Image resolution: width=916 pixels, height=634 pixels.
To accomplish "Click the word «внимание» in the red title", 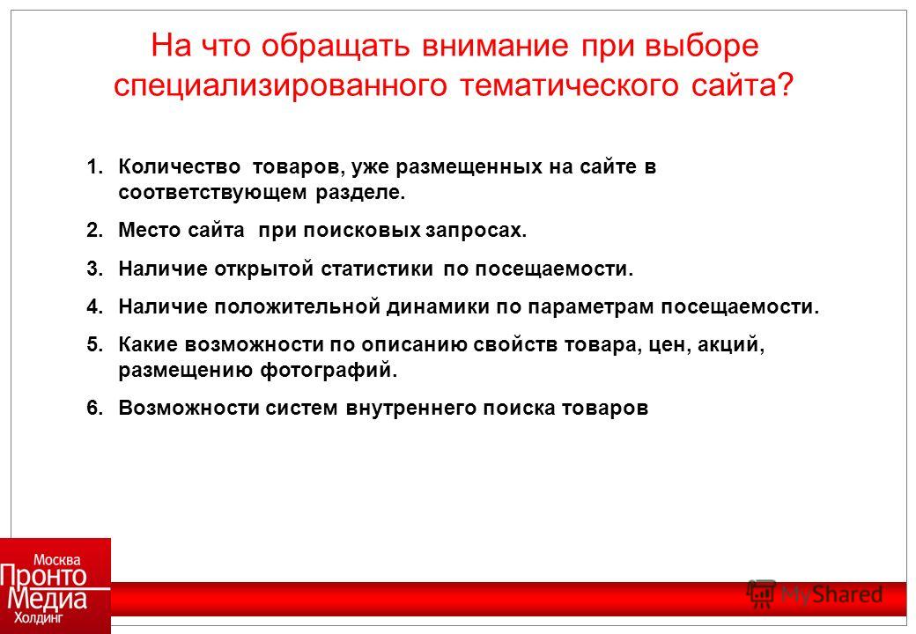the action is point(495,46).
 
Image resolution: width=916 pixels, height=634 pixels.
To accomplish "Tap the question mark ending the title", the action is point(786,85).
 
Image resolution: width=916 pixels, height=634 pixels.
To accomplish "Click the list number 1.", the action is point(94,167).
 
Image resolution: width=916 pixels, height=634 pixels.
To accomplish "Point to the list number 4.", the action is point(94,306).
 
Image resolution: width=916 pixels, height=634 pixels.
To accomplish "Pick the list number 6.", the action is point(94,408).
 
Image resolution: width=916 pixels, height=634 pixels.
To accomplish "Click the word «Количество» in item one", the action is point(179,167).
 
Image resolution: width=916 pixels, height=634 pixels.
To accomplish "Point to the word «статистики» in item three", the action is point(377,269).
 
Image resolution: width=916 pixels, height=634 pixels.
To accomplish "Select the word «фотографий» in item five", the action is point(325,371).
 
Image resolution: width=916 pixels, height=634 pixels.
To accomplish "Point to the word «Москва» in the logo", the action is point(57,559).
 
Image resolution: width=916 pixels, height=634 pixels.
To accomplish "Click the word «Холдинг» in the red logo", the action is point(38,617).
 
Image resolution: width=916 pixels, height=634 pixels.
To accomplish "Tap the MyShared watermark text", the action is point(831,594).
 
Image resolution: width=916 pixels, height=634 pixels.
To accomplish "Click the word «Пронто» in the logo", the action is point(43,576).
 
